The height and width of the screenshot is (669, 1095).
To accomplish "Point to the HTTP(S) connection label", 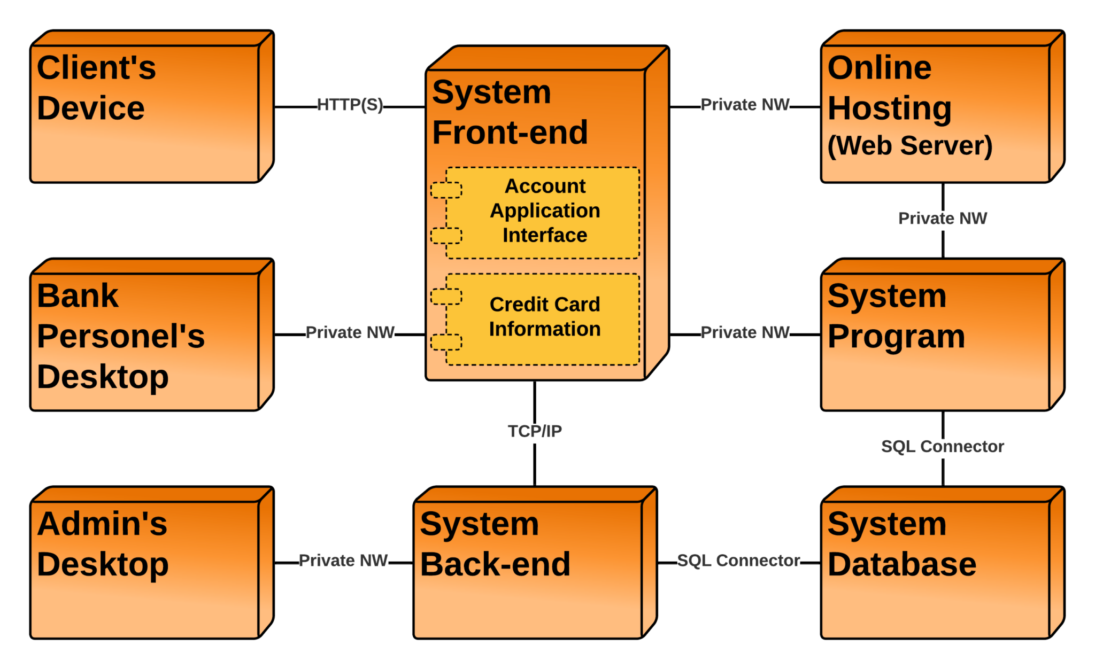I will click(x=350, y=105).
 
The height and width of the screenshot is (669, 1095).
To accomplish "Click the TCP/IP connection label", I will click(x=535, y=431).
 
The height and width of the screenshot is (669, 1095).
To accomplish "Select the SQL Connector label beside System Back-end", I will click(x=738, y=561).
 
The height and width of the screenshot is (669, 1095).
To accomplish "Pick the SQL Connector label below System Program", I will click(x=942, y=447).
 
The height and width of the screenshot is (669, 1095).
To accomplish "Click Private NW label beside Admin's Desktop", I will click(x=343, y=561).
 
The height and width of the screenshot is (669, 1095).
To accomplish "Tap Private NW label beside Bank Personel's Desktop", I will click(x=350, y=332).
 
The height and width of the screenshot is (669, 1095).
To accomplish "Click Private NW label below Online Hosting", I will click(x=942, y=219).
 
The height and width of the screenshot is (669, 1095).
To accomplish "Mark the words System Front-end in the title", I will click(x=510, y=112).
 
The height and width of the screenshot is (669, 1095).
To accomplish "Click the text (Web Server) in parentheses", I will click(x=909, y=146).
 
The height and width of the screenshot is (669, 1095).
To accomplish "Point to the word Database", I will click(x=901, y=565).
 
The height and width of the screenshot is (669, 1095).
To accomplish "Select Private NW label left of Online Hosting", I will click(x=745, y=105).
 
